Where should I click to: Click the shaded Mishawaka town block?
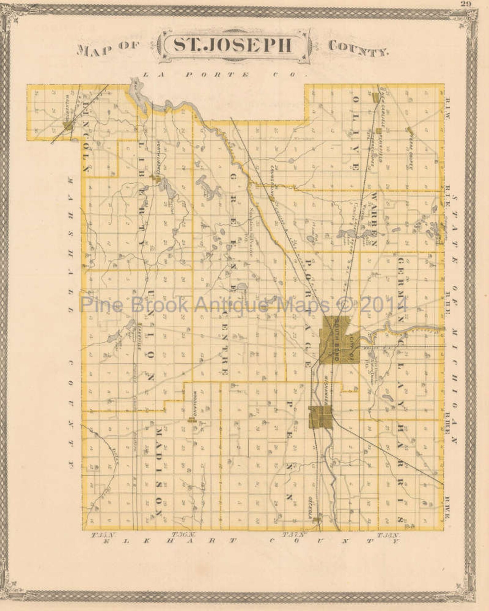point(320,417)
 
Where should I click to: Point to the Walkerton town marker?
point(67,125)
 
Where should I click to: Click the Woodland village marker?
point(193,420)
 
